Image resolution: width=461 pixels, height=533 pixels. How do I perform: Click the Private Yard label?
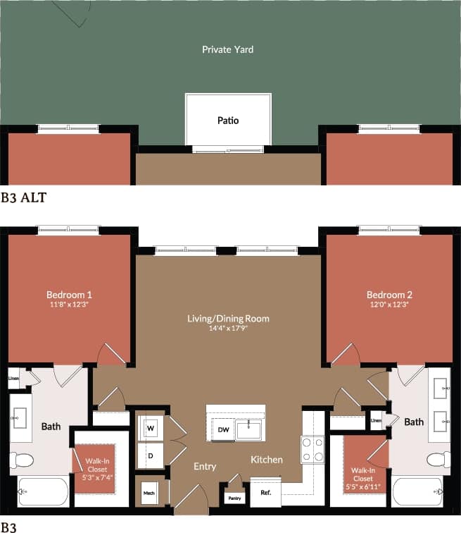(x=227, y=49)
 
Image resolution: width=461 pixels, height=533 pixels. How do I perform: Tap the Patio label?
(x=227, y=121)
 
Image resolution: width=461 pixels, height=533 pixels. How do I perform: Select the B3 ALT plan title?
(x=23, y=197)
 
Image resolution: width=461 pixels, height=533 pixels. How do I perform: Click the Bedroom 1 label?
(x=69, y=294)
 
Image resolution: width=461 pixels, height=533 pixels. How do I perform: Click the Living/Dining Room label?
(x=228, y=319)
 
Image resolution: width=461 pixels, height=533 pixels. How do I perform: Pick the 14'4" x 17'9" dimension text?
(x=228, y=328)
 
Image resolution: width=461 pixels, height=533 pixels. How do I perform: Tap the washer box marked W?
(x=151, y=428)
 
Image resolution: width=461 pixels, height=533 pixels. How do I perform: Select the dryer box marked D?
(x=151, y=455)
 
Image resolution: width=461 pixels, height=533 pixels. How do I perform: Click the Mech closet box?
(x=149, y=491)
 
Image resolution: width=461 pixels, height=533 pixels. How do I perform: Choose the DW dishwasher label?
(x=222, y=429)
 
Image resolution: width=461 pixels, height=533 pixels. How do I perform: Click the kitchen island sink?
(x=248, y=429)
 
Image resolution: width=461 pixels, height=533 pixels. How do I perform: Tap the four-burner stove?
(x=312, y=449)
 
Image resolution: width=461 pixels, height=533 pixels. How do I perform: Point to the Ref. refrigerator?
(x=265, y=493)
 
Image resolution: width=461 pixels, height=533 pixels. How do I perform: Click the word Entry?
(x=205, y=467)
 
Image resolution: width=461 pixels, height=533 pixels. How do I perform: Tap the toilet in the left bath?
(x=22, y=460)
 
